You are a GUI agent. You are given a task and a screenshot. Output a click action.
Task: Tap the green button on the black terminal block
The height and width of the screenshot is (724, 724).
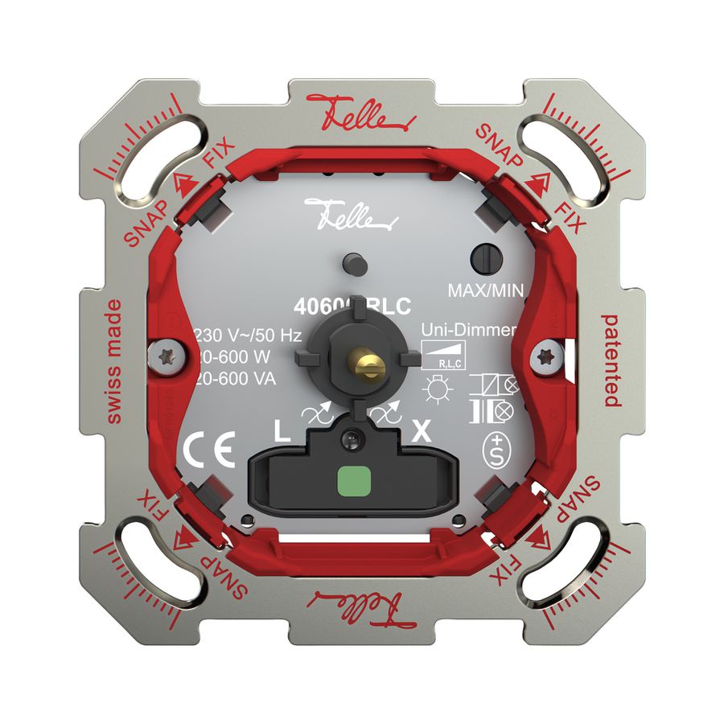pos(350,483)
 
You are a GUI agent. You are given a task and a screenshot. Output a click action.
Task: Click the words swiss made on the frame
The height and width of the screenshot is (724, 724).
pos(113,360)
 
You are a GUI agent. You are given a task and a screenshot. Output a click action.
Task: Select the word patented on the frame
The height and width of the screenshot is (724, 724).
pos(611,360)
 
